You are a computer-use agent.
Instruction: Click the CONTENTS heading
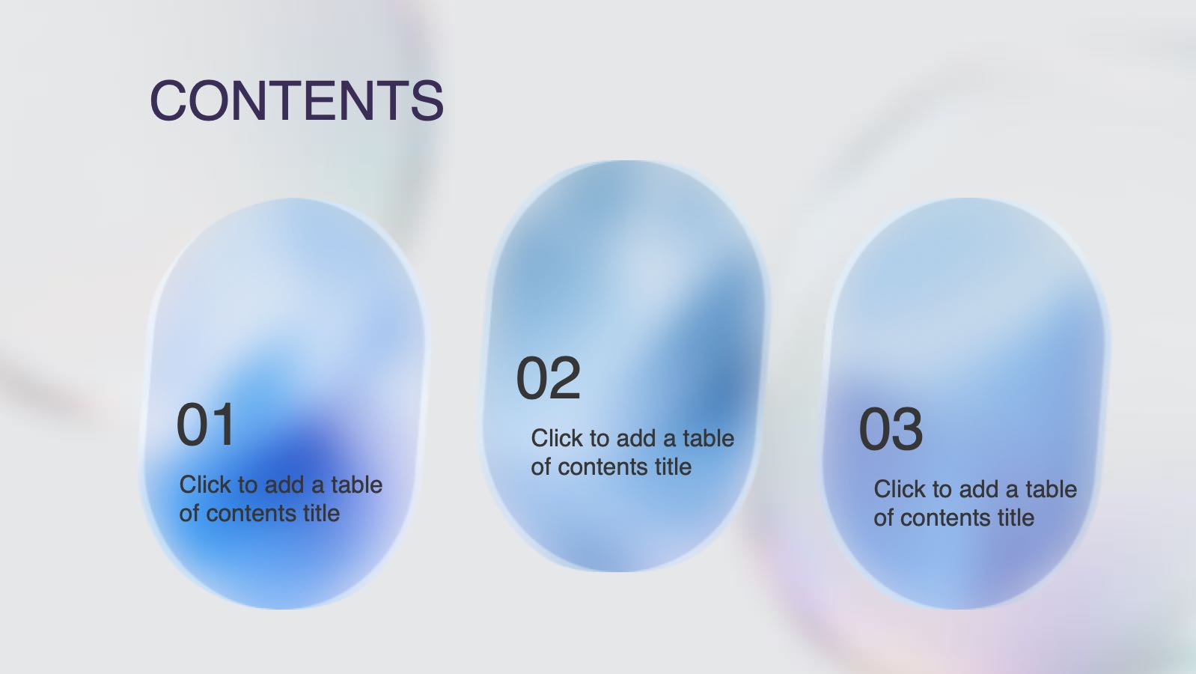point(297,100)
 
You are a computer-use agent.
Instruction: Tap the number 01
point(206,425)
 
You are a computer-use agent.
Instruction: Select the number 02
point(549,378)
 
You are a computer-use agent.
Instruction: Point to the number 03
point(891,429)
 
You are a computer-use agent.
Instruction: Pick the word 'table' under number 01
point(357,485)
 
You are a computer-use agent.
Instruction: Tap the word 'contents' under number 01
point(251,514)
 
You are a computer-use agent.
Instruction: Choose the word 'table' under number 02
point(709,438)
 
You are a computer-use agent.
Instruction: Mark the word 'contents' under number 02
point(603,467)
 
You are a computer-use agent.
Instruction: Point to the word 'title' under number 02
point(674,467)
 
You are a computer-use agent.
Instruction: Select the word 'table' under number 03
point(1052,489)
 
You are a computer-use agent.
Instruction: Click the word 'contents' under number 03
point(946,518)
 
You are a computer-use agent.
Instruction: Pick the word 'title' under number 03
point(1016,517)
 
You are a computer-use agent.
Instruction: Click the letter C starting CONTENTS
point(168,100)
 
